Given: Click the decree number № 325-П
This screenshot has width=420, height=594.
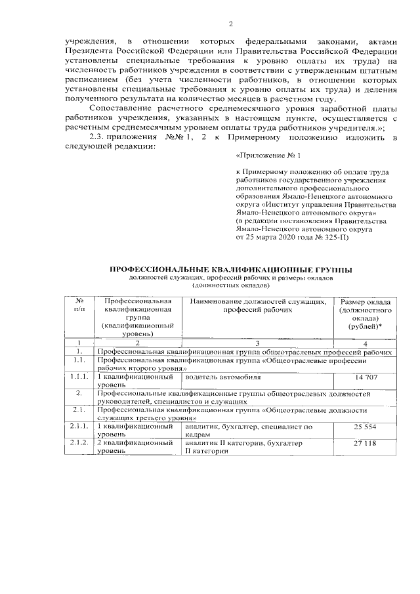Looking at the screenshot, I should (x=335, y=237).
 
